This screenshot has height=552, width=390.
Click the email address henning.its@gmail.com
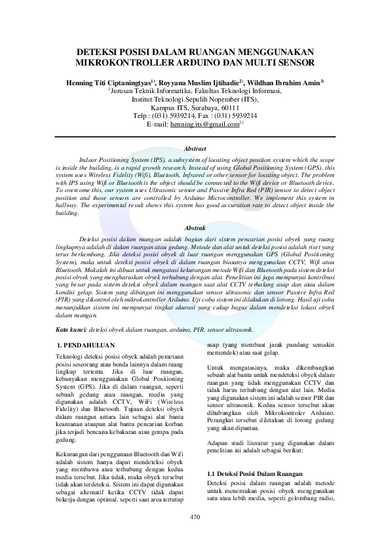pos(205,123)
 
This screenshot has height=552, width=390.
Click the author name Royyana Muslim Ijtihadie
pos(199,83)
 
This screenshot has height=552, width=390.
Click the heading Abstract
pos(195,149)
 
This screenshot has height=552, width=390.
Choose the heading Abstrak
pos(195,227)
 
